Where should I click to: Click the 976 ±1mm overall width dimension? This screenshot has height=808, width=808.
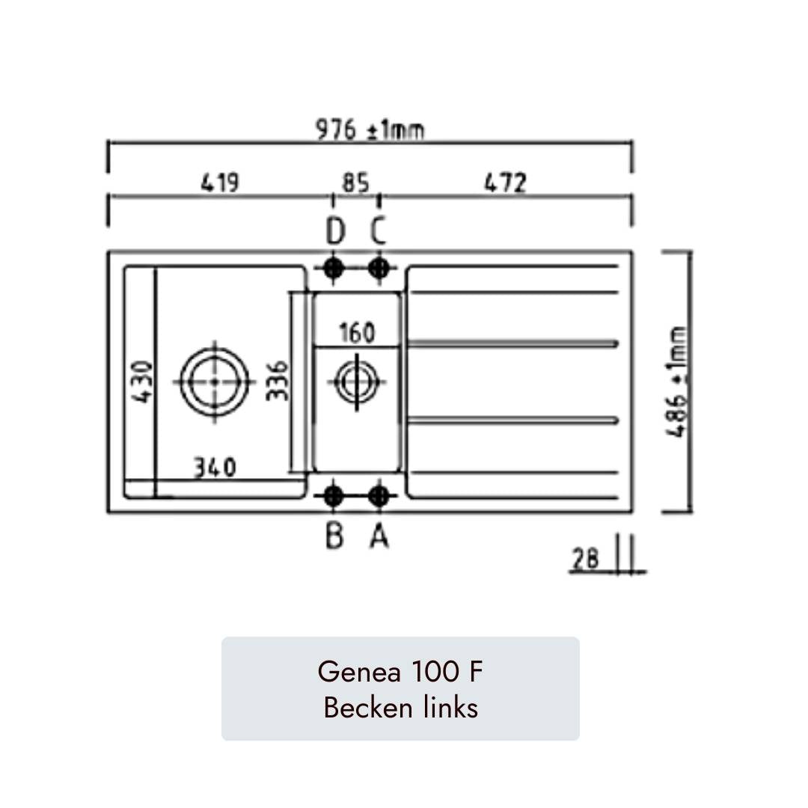tap(369, 129)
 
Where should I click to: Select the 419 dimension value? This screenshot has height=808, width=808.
tap(220, 183)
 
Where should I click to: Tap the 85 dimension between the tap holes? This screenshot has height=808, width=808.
tap(356, 183)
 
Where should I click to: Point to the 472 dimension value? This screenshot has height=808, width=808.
tap(506, 183)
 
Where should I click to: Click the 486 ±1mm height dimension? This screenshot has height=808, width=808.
tap(678, 382)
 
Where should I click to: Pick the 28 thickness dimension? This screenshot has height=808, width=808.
tap(586, 559)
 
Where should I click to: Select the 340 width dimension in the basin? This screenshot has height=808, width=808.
tap(215, 468)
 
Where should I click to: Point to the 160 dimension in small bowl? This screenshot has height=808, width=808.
tap(356, 332)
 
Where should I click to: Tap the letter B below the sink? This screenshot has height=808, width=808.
tap(334, 536)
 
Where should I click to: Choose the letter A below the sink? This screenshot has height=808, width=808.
tap(379, 536)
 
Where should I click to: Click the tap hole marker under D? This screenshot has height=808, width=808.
tap(334, 267)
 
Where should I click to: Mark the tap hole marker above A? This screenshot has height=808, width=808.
tap(379, 495)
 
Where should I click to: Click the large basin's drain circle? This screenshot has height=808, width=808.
tap(215, 381)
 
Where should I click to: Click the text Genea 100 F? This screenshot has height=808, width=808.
tap(400, 672)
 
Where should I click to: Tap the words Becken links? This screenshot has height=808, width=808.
tap(400, 707)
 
